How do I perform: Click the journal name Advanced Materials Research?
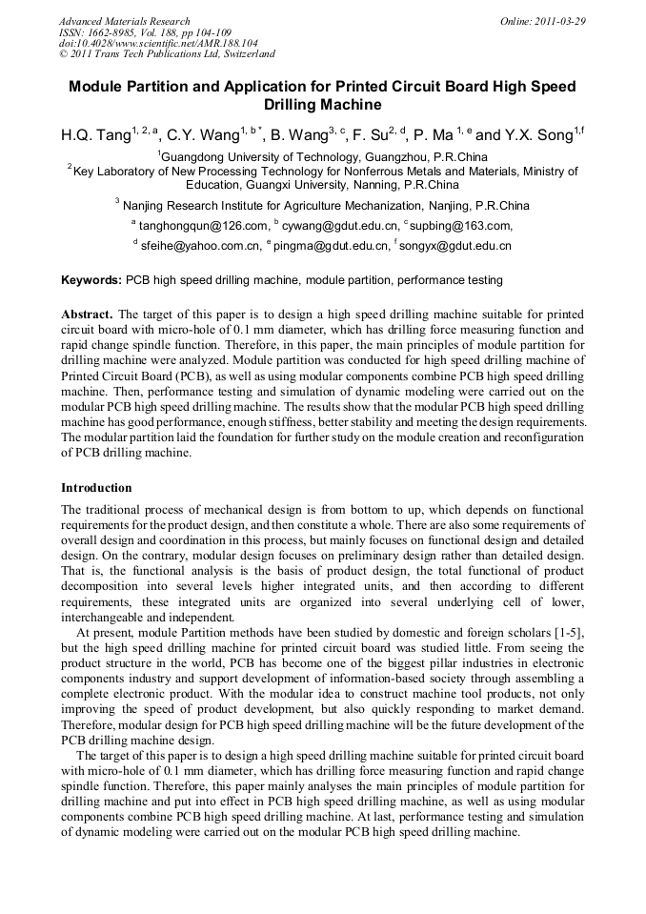pos(125,21)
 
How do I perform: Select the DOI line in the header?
pos(158,43)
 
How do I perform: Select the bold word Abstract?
pos(86,314)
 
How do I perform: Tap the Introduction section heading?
pos(96,488)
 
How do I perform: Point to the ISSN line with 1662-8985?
pos(144,31)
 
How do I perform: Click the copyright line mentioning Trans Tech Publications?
pos(167,54)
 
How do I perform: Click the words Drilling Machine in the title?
pos(322,105)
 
